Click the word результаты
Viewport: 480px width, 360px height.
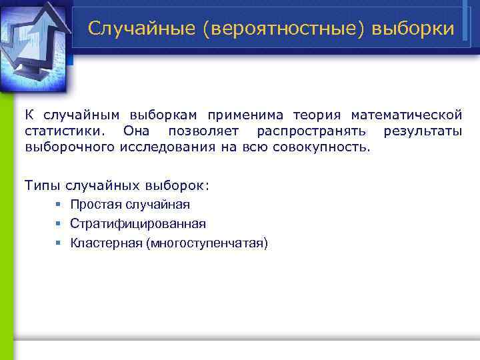click(423, 131)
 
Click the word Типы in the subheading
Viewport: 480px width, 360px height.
click(45, 183)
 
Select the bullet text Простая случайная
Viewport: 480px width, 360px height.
click(130, 204)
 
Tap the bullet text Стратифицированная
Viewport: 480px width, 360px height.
click(138, 224)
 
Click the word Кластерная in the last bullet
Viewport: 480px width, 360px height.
click(105, 243)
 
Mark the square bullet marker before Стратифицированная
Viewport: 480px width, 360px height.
click(59, 224)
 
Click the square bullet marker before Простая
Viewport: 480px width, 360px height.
click(59, 204)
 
